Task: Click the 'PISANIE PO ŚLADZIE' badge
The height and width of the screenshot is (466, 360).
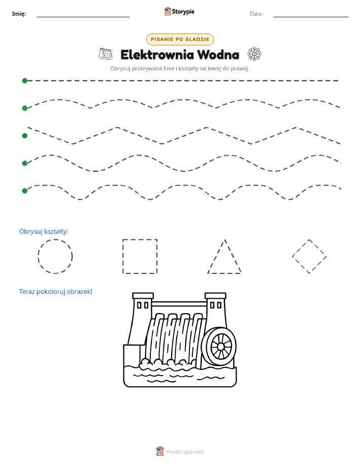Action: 180,39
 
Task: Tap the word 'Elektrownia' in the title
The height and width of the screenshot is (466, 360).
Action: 157,55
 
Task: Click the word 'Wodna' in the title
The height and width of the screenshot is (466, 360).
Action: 218,55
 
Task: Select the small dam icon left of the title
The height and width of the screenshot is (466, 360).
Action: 106,53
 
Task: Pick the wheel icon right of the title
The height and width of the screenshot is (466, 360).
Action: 254,54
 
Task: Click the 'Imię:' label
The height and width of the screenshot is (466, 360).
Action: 19,14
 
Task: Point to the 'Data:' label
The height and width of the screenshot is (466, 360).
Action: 256,14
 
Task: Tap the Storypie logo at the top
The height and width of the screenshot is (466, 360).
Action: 179,12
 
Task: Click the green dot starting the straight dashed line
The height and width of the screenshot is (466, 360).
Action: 25,81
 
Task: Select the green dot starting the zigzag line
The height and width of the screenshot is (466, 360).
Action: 25,136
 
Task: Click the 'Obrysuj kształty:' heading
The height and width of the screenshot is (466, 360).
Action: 44,232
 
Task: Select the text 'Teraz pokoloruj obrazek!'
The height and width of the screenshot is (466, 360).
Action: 55,292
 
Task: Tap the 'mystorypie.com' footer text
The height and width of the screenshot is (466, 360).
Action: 185,452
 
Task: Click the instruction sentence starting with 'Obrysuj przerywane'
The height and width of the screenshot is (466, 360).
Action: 180,69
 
